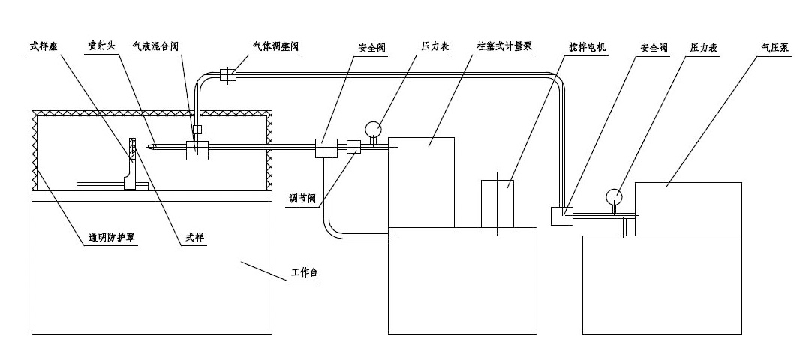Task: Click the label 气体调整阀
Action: pyautogui.click(x=274, y=46)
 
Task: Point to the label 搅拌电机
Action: pyautogui.click(x=588, y=46)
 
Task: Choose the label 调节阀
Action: pyautogui.click(x=305, y=199)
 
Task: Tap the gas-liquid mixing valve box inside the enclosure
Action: pyautogui.click(x=197, y=148)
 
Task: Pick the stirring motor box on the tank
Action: pyautogui.click(x=498, y=202)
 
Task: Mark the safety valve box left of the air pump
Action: pyautogui.click(x=562, y=216)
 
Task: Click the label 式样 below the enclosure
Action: pyautogui.click(x=196, y=238)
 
